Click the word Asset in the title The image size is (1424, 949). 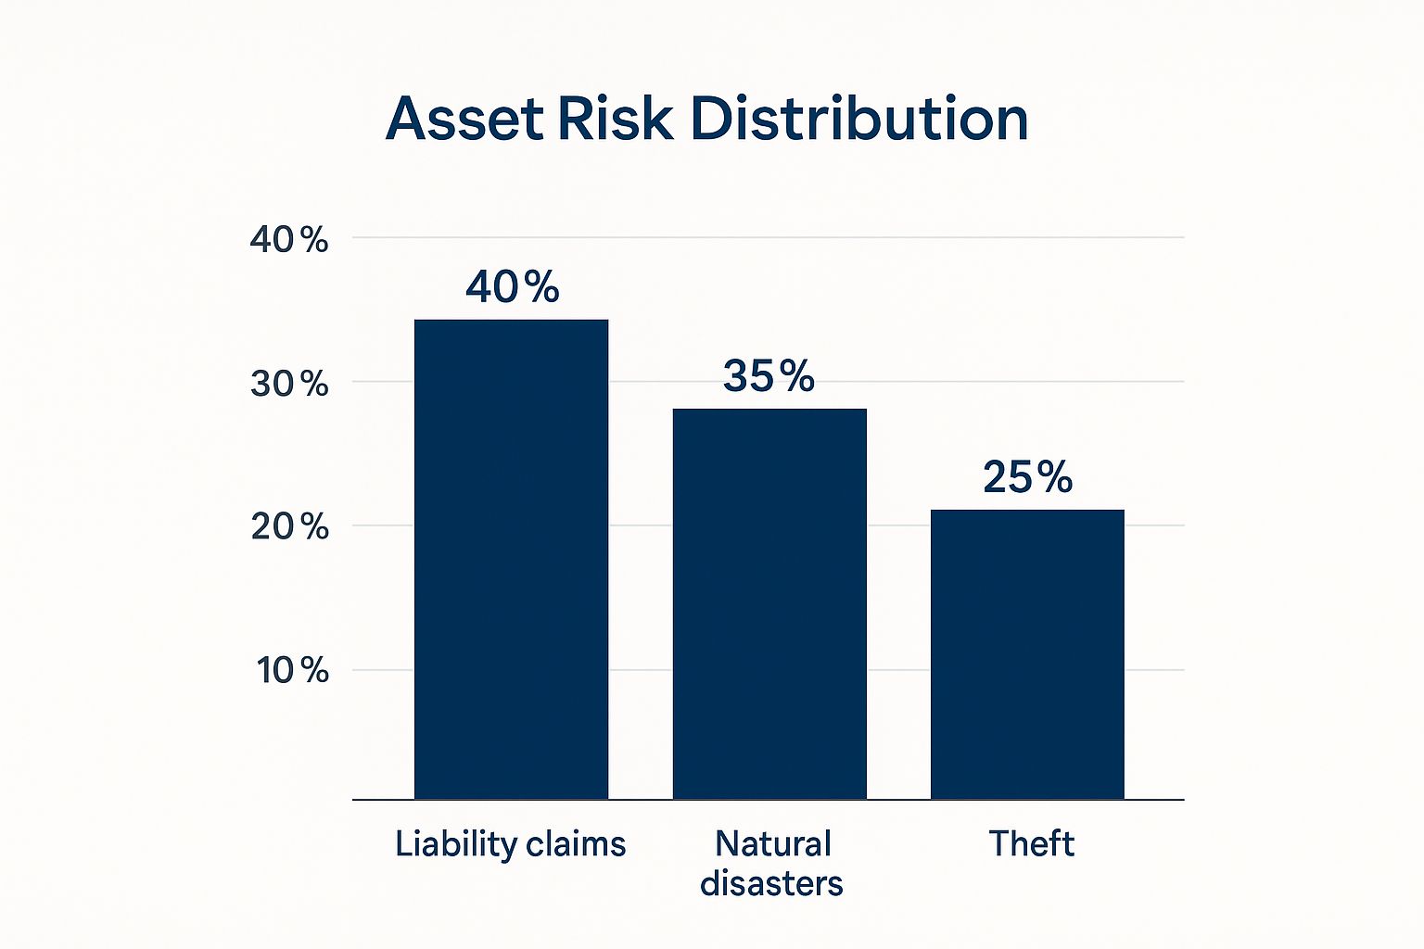tap(464, 119)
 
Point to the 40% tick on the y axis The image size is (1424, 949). tap(289, 240)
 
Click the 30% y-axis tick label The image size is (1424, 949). tap(289, 384)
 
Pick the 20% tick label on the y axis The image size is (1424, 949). tap(290, 527)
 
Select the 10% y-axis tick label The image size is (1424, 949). tap(292, 671)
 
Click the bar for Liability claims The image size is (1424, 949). tap(511, 560)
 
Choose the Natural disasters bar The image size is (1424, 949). tap(769, 604)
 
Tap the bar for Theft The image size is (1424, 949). tap(1027, 654)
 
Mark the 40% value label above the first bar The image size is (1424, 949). tap(513, 286)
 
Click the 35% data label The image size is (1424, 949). tap(769, 375)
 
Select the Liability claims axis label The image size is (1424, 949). tap(511, 845)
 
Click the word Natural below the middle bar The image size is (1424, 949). tap(773, 844)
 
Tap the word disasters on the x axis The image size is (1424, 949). tap(771, 883)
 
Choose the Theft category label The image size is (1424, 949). tap(1031, 844)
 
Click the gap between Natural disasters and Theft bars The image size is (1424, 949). tap(899, 604)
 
